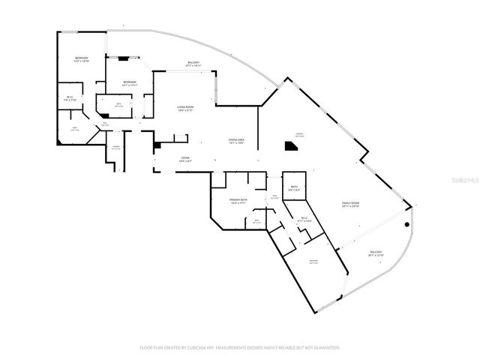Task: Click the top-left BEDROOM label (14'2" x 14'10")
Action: pyautogui.click(x=81, y=59)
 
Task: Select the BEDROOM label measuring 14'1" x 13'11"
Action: pyautogui.click(x=130, y=82)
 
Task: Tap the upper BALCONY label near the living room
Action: pyautogui.click(x=192, y=64)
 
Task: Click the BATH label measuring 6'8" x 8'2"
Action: pyautogui.click(x=293, y=187)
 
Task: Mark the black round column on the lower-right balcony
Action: pyautogui.click(x=406, y=224)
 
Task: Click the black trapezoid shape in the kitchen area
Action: pyautogui.click(x=290, y=148)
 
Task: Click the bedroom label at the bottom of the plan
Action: pyautogui.click(x=313, y=261)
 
